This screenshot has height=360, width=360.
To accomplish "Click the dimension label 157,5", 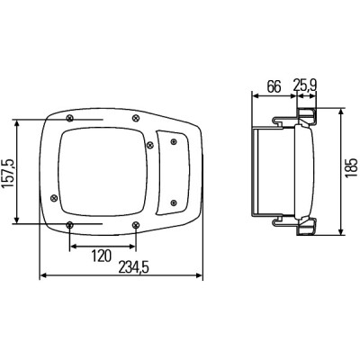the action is click(x=8, y=174).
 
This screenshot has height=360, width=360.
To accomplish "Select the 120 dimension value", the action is click(x=101, y=256).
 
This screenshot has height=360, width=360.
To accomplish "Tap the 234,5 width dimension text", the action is click(x=134, y=267).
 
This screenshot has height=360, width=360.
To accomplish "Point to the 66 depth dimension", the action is click(x=274, y=86).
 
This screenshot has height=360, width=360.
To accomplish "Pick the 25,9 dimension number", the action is click(x=305, y=85).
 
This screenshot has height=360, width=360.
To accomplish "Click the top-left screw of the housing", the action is click(x=70, y=118).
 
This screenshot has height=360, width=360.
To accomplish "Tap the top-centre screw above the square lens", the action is click(x=136, y=118).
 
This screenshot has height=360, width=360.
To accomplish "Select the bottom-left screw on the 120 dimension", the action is click(x=69, y=224).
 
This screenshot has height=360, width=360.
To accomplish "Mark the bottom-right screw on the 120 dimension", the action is click(x=136, y=224).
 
